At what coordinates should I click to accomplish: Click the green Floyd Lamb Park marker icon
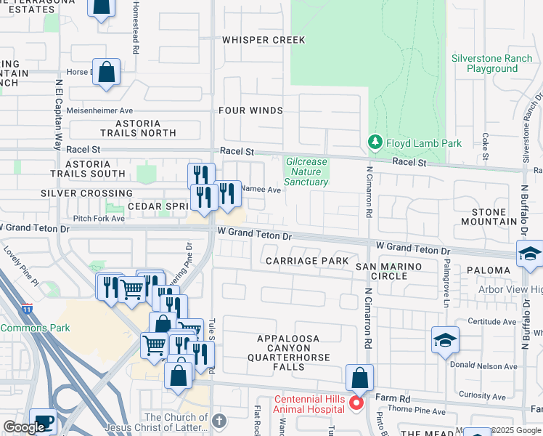375,143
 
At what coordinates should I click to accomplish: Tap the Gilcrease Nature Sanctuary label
306,171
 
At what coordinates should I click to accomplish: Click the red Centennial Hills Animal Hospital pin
356,402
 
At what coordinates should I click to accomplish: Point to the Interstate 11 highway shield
28,308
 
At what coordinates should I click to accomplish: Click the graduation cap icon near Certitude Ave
445,340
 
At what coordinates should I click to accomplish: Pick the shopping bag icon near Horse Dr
106,73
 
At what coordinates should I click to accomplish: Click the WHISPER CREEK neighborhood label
264,40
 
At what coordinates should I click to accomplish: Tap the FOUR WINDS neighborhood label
250,110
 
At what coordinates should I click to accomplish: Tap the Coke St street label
484,138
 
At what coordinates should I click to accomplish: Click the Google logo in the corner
24,427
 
